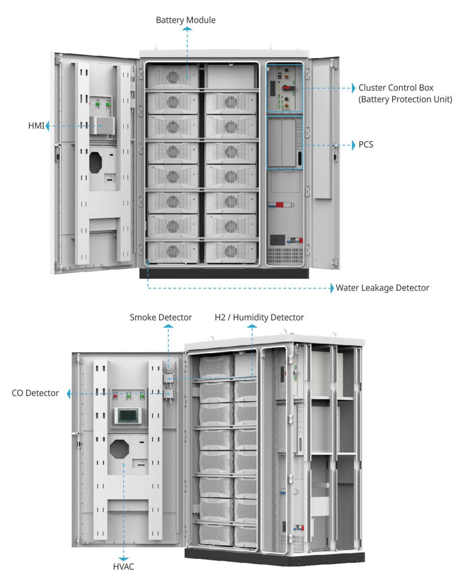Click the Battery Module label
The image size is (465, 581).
(186, 20)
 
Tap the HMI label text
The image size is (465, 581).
(36, 126)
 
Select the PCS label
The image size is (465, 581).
(366, 145)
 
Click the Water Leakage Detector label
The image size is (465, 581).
(382, 288)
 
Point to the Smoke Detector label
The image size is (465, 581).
(161, 318)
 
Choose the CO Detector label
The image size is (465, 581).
(35, 393)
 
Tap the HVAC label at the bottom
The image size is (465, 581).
(123, 567)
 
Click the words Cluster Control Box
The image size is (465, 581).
(396, 88)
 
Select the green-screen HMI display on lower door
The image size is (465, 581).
(128, 415)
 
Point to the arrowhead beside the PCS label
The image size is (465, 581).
(353, 145)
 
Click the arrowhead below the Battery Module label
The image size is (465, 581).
(187, 29)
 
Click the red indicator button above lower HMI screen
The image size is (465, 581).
(115, 396)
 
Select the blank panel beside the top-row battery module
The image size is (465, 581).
(231, 76)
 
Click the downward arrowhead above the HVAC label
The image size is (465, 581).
(123, 559)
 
